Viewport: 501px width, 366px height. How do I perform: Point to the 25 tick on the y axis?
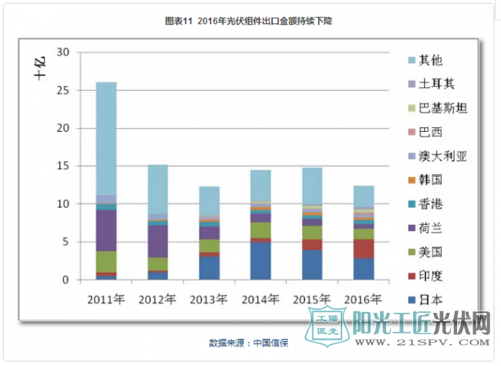[x=62, y=91]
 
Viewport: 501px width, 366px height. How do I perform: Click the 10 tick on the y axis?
[x=62, y=204]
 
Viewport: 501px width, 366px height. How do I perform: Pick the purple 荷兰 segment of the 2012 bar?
[x=158, y=240]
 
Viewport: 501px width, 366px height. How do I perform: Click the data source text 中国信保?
[x=271, y=343]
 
